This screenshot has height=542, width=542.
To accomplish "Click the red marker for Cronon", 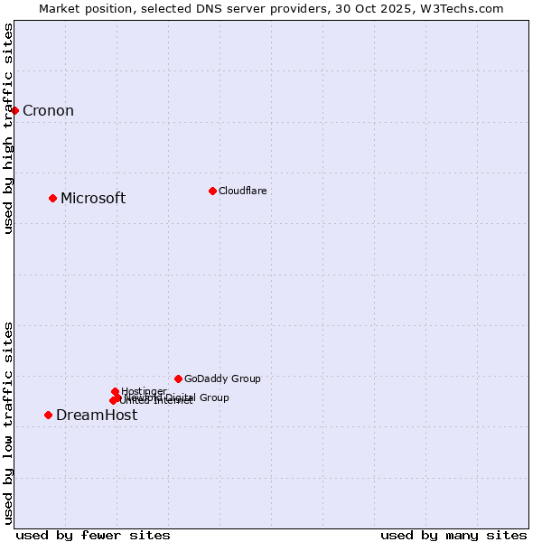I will (14, 110).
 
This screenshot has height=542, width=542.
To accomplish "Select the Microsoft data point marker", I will (52, 198).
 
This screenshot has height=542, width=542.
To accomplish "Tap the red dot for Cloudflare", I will (212, 191).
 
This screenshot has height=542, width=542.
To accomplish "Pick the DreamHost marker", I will (48, 415).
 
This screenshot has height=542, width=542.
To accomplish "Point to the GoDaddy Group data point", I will (178, 378).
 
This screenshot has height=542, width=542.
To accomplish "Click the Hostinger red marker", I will (115, 391).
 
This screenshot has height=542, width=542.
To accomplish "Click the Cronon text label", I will (48, 111).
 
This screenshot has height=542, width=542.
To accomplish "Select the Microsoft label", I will (92, 199).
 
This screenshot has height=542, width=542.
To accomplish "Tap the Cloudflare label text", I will (242, 191).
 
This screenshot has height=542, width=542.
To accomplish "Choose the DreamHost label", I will (97, 416).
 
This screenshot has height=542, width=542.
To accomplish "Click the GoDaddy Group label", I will (222, 378).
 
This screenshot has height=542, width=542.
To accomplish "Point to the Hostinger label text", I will (144, 391).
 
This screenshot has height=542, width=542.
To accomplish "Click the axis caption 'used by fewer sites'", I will (93, 535).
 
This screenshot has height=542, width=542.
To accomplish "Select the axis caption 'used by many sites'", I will (453, 535).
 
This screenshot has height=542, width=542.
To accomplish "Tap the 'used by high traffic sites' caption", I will (9, 128).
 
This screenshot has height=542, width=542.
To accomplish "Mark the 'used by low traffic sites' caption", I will (9, 423).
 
